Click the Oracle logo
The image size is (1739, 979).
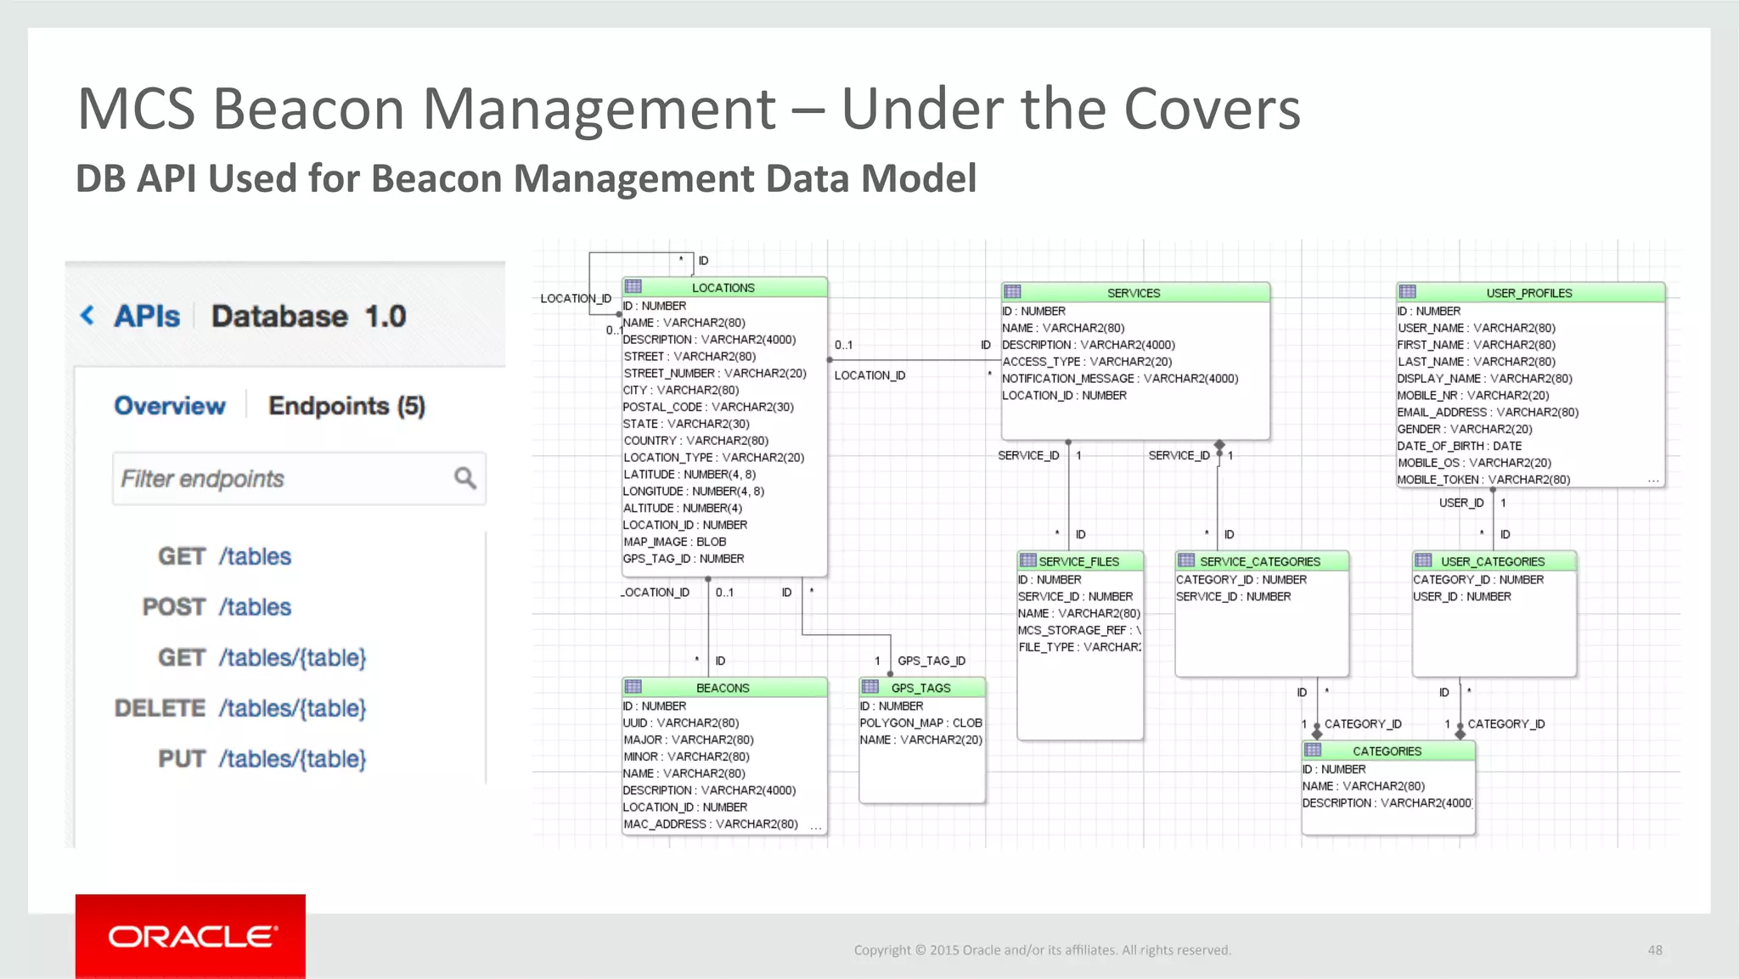191,936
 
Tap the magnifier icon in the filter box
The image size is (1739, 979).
464,478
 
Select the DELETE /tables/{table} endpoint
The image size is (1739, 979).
240,708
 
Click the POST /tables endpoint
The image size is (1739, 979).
217,607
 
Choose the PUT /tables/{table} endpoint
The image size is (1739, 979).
262,758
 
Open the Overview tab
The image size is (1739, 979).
170,406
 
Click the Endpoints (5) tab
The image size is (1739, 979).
346,406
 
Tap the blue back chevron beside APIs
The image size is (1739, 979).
87,316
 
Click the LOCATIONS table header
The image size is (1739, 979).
723,288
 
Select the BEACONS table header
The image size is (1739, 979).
723,688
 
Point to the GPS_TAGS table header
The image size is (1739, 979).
920,688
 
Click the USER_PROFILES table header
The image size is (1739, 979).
1528,293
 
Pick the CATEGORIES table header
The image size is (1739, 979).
1387,751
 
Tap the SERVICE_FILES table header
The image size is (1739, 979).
1078,561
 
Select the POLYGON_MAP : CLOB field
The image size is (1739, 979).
920,723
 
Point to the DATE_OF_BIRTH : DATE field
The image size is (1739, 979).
1459,446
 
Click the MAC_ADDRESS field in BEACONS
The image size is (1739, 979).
710,824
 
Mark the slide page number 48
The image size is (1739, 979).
1654,950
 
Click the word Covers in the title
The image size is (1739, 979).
1211,110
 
